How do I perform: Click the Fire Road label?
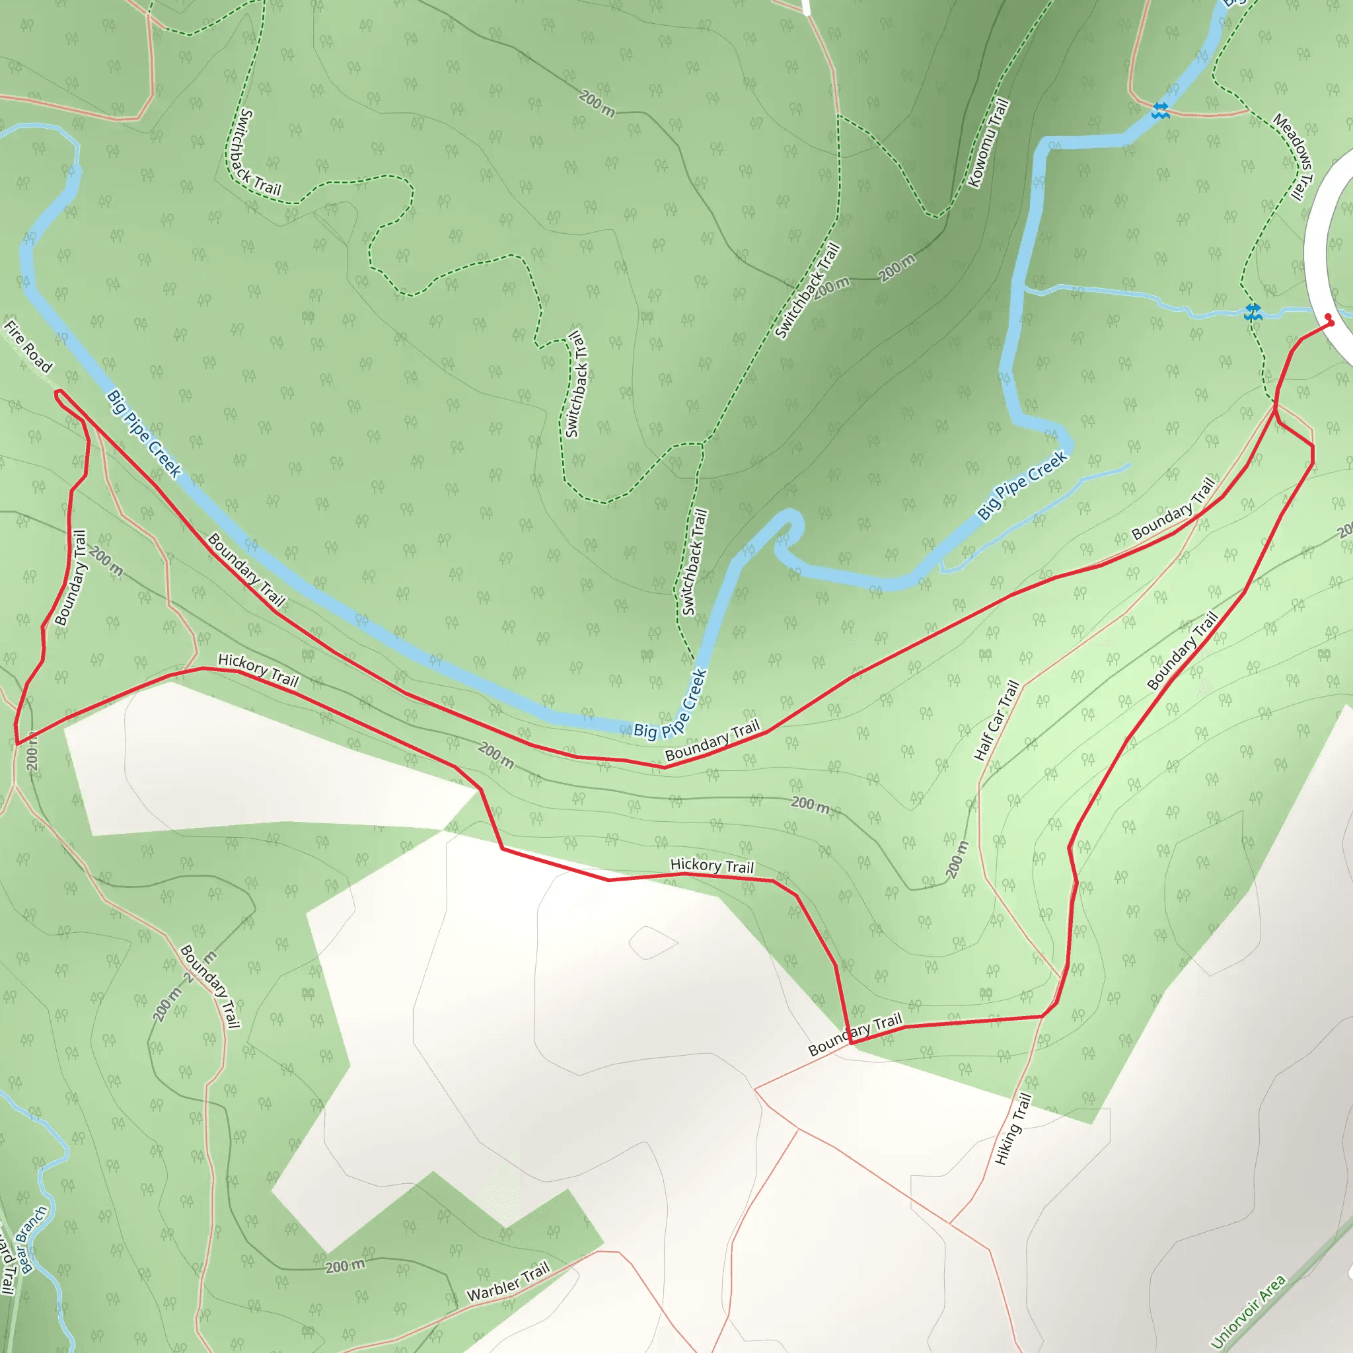(x=28, y=346)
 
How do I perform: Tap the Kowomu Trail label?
(x=988, y=143)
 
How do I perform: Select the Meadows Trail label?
(x=1293, y=156)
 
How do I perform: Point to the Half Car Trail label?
(x=996, y=720)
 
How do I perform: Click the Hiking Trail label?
(x=1013, y=1129)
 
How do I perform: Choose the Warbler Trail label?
(x=509, y=1282)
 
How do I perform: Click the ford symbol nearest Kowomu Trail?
(x=1160, y=110)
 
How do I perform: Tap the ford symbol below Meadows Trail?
(x=1253, y=312)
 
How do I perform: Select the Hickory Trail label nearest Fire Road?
(x=258, y=669)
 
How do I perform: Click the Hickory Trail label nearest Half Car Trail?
(x=712, y=866)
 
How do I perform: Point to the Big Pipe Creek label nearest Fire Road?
(x=144, y=434)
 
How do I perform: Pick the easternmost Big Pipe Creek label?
(x=1022, y=486)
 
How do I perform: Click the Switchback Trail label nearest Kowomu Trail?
(x=807, y=291)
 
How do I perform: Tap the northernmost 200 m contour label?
(x=597, y=103)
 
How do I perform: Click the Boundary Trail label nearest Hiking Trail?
(x=855, y=1035)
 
